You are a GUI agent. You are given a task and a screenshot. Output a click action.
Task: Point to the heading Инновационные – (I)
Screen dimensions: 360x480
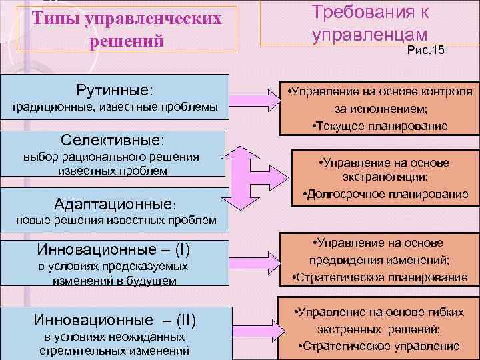click(x=115, y=250)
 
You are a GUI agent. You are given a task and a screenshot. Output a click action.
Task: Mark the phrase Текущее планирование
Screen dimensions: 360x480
click(x=383, y=126)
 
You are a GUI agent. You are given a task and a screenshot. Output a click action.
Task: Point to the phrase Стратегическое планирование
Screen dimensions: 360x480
click(x=386, y=277)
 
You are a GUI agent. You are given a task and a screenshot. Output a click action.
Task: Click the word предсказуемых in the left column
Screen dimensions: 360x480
click(x=145, y=267)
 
